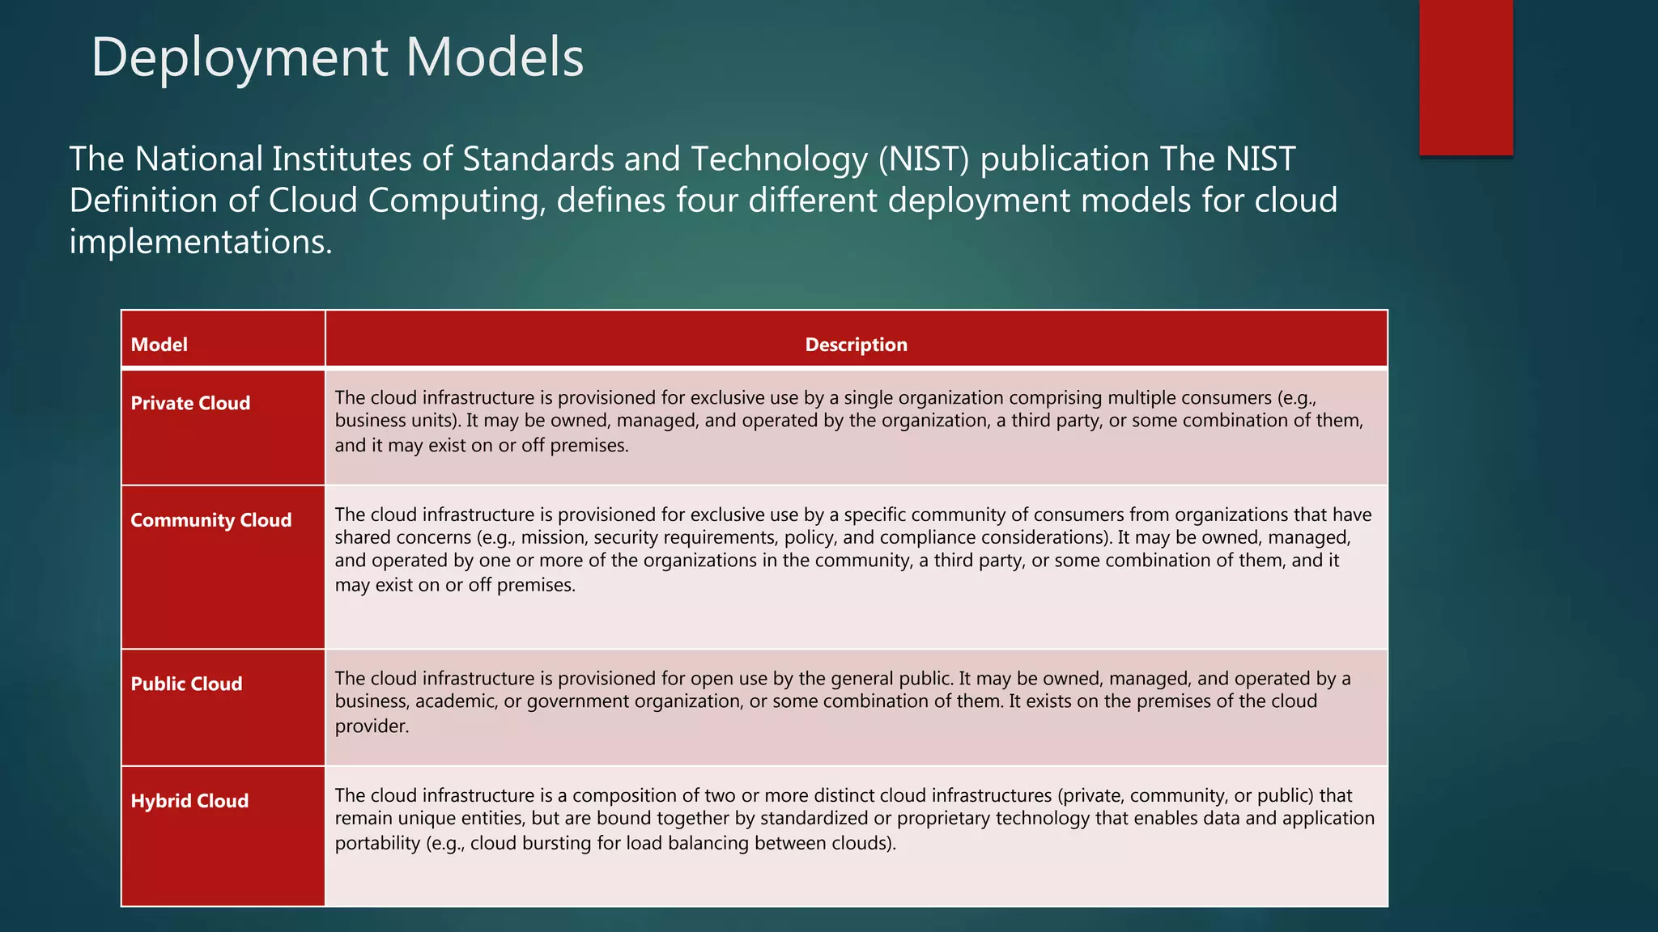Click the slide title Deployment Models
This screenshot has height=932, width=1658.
click(x=337, y=57)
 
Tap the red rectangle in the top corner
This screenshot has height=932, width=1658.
click(x=1465, y=77)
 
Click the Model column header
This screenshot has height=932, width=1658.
click(x=159, y=345)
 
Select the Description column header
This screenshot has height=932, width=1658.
click(x=856, y=345)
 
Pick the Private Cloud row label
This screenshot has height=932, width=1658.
click(x=190, y=403)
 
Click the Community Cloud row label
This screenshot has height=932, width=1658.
click(x=210, y=520)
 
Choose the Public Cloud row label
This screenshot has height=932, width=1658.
click(x=186, y=684)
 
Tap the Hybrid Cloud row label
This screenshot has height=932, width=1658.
click(x=189, y=801)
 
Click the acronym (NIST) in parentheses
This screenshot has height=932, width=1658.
click(x=923, y=159)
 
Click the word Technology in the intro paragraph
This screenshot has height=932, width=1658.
click(x=779, y=159)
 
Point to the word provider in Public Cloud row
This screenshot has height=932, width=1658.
click(x=370, y=727)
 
